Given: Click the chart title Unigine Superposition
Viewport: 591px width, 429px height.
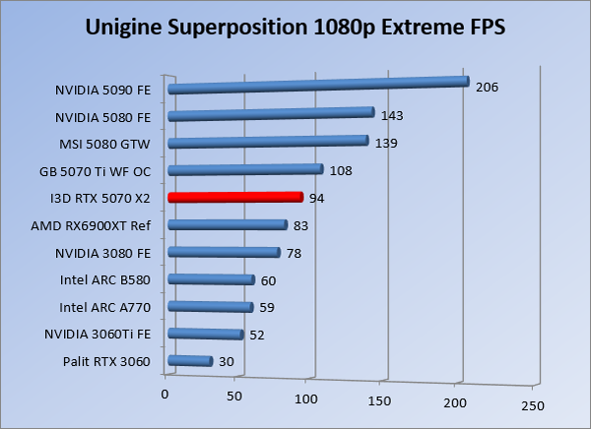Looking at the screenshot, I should click(295, 26).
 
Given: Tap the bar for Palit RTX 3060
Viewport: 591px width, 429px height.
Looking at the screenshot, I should click(190, 362).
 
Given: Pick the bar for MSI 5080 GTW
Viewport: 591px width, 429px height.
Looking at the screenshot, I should click(268, 142).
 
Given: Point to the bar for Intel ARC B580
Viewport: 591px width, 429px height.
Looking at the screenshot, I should click(211, 280).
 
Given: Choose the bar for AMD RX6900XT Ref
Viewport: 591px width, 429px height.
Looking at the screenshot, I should click(227, 225).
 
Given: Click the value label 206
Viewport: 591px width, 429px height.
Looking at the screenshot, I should click(487, 87).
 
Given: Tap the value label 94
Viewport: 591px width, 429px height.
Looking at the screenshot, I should click(316, 198).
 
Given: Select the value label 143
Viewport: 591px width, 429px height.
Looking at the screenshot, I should click(392, 115).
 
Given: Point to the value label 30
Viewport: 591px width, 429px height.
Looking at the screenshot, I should click(226, 362).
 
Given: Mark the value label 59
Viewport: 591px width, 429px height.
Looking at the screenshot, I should click(266, 308).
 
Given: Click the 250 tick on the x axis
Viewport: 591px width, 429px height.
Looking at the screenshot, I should click(532, 405).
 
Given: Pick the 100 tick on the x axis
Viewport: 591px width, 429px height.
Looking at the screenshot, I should click(307, 399).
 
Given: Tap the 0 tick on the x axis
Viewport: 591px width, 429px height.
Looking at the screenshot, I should click(164, 395).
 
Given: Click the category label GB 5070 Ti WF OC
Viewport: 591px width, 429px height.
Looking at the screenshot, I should click(95, 171).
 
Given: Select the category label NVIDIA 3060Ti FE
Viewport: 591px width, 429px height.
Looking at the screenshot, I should click(98, 335).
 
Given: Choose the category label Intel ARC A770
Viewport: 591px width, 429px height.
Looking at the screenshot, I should click(105, 307).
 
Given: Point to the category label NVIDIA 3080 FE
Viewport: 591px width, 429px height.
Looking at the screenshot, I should click(102, 253).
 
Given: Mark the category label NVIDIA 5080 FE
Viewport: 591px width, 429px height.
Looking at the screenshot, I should click(102, 116).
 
